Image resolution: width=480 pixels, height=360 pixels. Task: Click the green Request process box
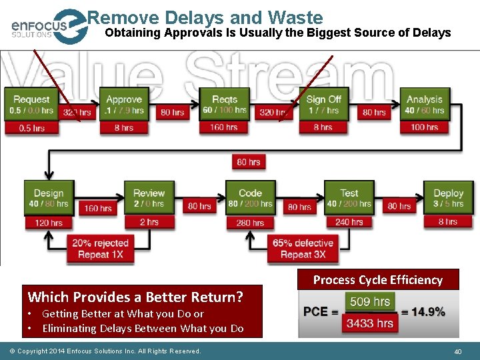31,104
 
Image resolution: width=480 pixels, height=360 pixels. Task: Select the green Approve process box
124,104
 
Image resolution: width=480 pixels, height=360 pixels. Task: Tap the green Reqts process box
225,104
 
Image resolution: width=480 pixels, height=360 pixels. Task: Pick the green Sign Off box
323,104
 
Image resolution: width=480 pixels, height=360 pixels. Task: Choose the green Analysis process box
424,104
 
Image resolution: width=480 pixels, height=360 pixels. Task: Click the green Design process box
49,198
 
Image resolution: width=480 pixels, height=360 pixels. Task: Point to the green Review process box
149,198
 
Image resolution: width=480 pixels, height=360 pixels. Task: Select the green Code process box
250,198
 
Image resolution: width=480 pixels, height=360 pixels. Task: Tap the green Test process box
349,198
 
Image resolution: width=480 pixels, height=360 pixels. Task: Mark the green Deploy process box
448,198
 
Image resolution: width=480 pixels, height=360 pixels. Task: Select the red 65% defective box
302,249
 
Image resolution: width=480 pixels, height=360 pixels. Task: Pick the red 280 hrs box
250,223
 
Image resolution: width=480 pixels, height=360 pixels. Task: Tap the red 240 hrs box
349,222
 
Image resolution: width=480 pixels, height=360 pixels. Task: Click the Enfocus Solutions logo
47,27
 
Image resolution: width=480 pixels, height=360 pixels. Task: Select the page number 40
458,351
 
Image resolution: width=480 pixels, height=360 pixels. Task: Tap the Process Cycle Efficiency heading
378,280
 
